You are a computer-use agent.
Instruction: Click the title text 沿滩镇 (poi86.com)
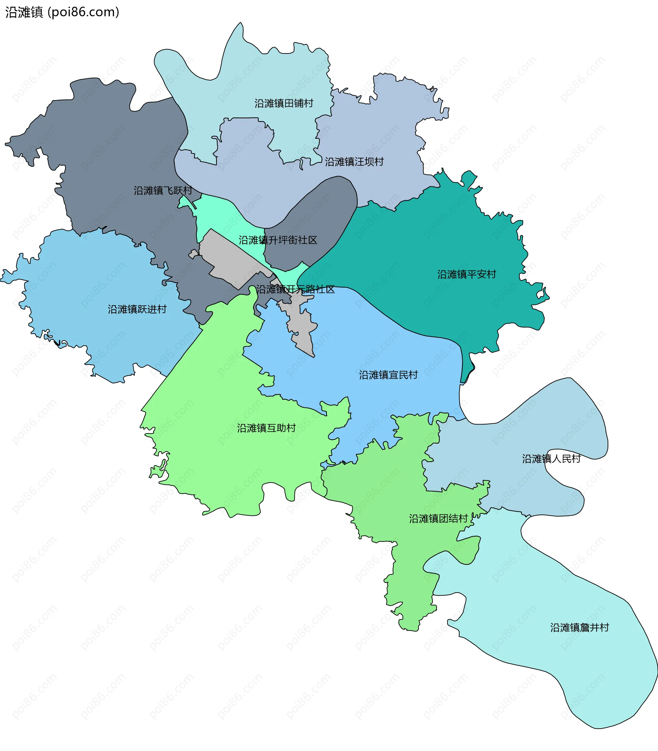(x=62, y=12)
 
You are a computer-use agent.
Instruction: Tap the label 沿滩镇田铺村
(x=284, y=104)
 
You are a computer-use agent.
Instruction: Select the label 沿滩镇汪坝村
(x=354, y=162)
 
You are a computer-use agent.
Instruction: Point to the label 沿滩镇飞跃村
(x=163, y=191)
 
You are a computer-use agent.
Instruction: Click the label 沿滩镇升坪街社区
(x=278, y=240)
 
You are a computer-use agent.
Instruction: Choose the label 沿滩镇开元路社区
(x=295, y=289)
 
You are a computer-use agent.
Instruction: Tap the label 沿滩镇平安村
(x=466, y=274)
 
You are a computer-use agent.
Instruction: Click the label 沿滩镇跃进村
(x=137, y=309)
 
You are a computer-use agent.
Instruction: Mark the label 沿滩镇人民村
(x=551, y=459)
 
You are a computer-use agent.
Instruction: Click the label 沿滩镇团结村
(x=438, y=519)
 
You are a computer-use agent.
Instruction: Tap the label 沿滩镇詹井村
(x=580, y=628)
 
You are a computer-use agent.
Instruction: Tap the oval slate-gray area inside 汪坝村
(x=316, y=220)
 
